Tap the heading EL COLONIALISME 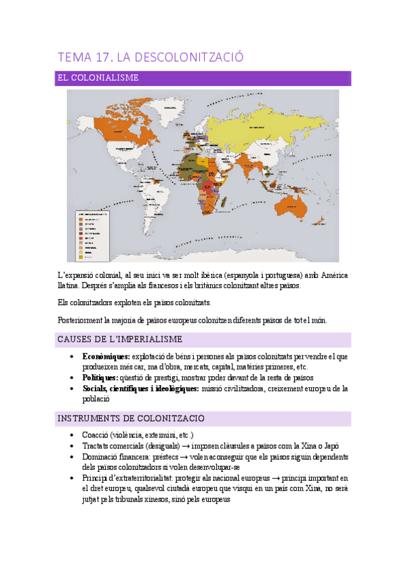coord(98,78)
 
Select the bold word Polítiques coord(100,377)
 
